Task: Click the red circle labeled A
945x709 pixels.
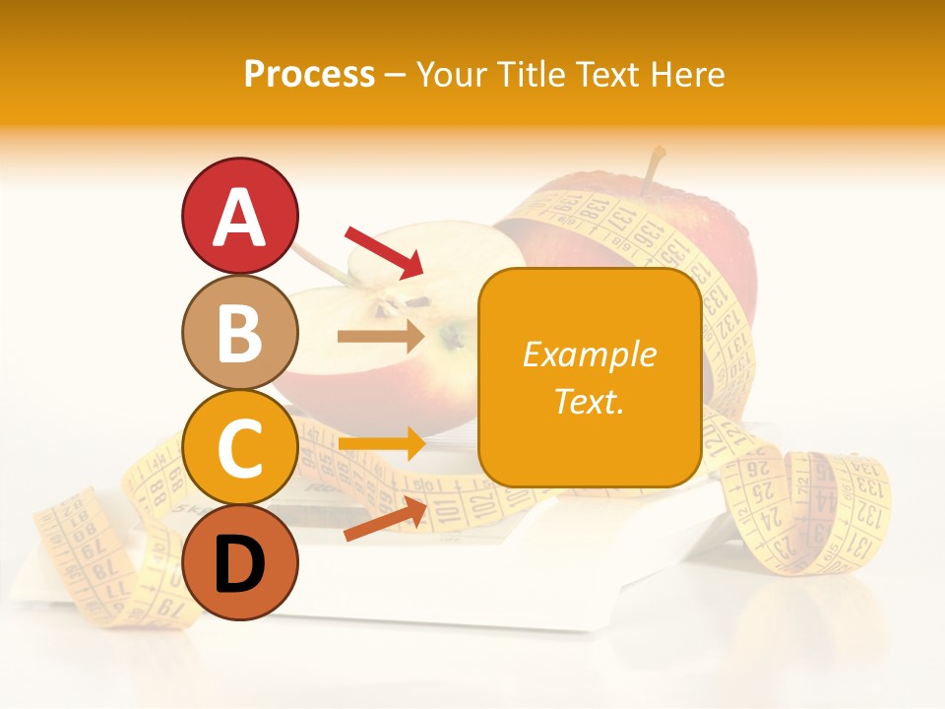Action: (239, 216)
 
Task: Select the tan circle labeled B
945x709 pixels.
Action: (239, 332)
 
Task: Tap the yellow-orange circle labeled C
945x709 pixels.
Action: (239, 447)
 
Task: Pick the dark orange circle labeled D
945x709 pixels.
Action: (239, 562)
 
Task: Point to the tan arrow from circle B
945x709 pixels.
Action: (381, 336)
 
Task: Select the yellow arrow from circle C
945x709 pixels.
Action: (381, 444)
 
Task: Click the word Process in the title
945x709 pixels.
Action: (309, 74)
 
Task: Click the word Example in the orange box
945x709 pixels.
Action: (589, 354)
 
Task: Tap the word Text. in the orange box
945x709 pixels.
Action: (589, 401)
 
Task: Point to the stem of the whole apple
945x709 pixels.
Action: (652, 168)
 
